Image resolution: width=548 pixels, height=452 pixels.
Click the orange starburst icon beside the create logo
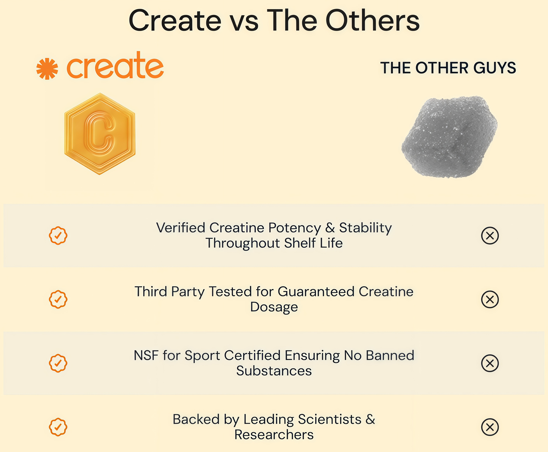point(47,69)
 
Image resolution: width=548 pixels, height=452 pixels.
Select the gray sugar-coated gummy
point(449,137)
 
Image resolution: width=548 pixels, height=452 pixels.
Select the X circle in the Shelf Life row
point(490,236)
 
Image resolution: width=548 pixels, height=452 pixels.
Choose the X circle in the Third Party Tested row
point(490,300)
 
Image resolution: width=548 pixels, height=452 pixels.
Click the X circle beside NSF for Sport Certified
point(490,363)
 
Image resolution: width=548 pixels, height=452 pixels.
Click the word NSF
point(146,355)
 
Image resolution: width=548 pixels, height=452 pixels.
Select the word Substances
point(274,371)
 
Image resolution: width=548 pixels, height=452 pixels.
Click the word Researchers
point(274,434)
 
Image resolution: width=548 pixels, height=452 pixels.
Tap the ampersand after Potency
point(330,228)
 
